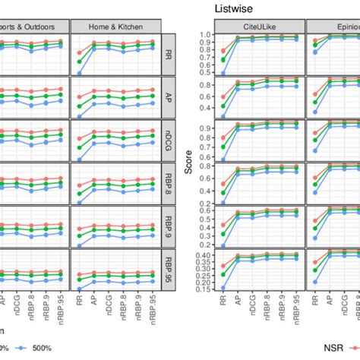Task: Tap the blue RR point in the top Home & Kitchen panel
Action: [80, 74]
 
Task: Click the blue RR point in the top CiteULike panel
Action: [223, 73]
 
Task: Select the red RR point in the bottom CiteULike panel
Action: [223, 267]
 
